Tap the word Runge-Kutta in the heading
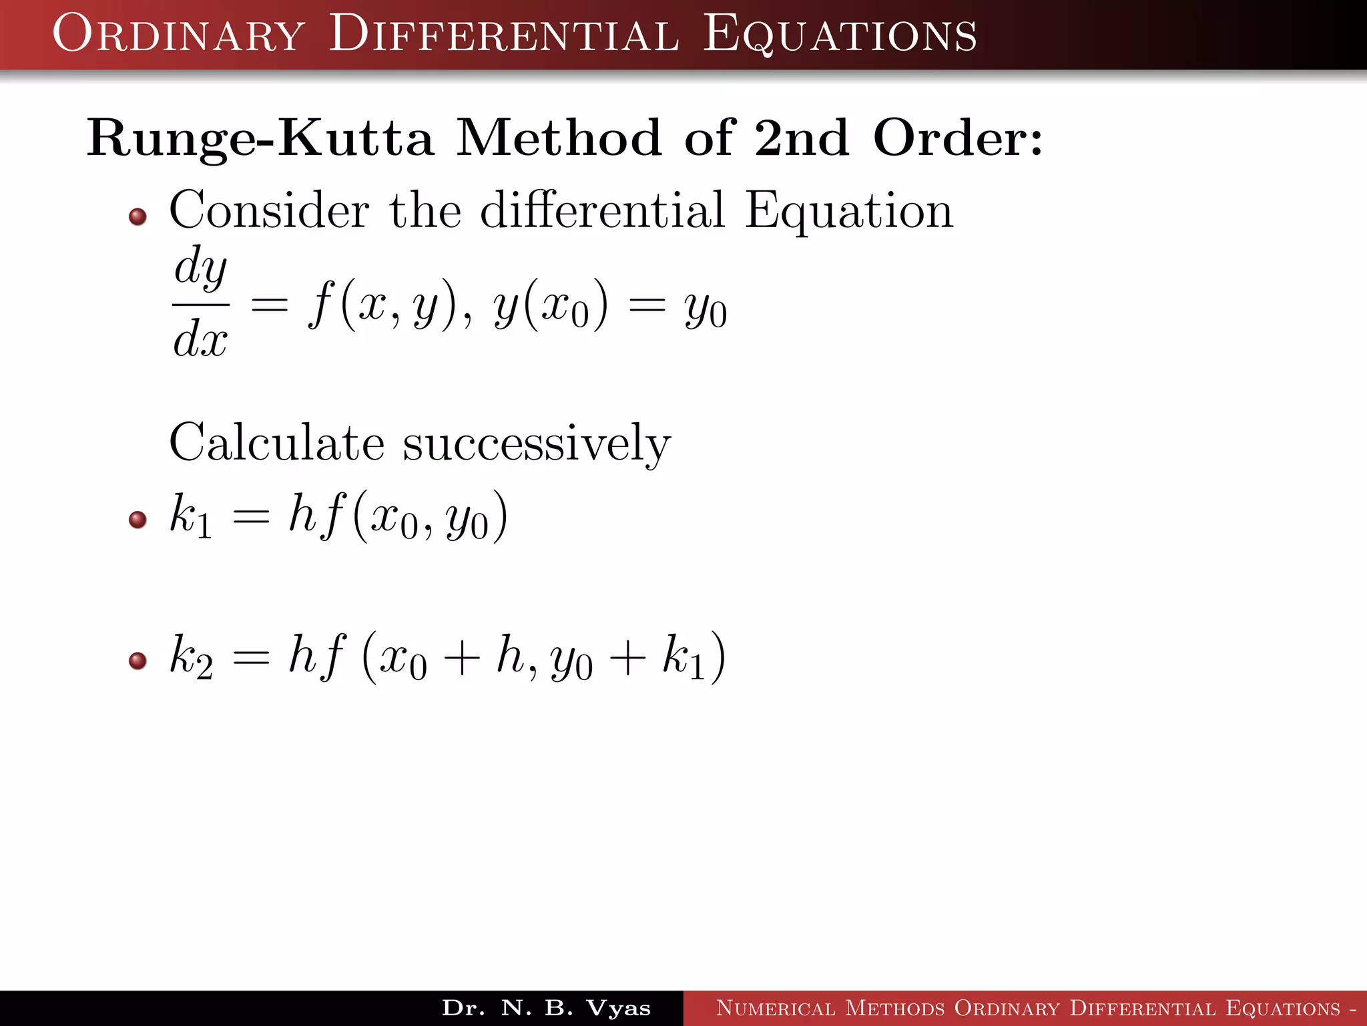point(260,138)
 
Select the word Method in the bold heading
point(559,138)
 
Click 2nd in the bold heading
point(802,138)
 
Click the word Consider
point(269,210)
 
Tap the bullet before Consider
point(138,216)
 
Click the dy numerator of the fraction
point(200,267)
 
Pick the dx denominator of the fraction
point(200,339)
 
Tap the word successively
point(537,445)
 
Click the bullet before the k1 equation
point(138,519)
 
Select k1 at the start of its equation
point(191,516)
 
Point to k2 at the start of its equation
point(191,657)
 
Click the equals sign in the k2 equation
point(251,659)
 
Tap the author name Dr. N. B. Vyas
point(546,1008)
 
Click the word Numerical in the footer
point(775,1008)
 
